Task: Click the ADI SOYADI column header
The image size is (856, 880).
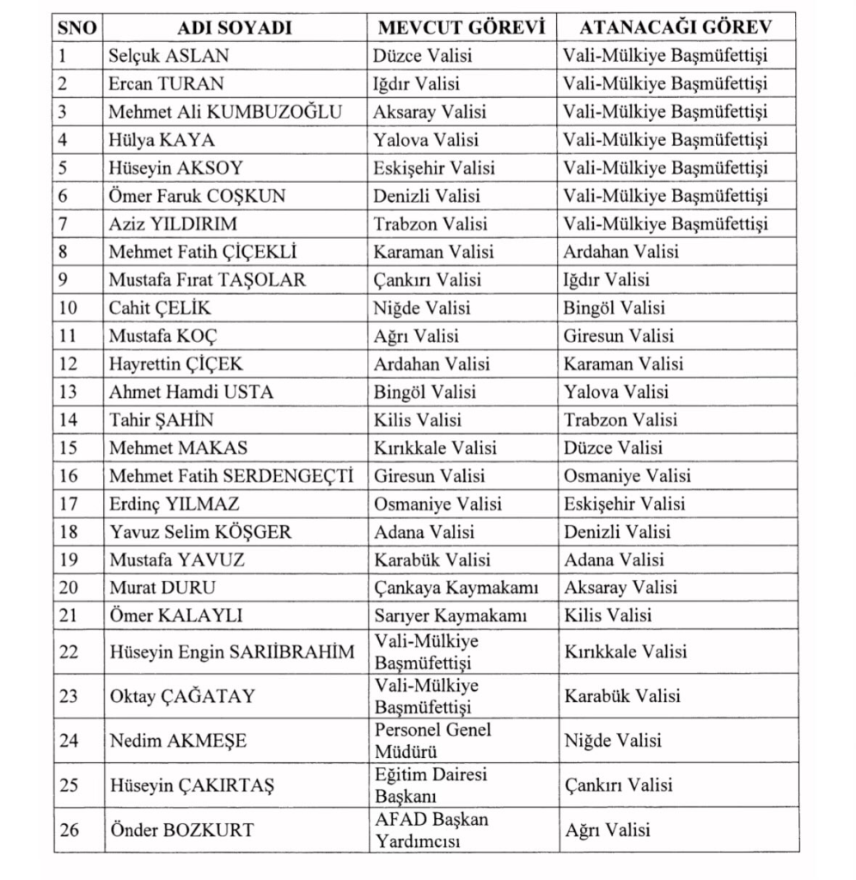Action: (x=235, y=27)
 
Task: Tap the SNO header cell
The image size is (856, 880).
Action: (x=77, y=27)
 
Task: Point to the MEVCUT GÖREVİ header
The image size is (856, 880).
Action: (x=462, y=27)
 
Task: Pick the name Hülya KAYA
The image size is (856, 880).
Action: (x=162, y=140)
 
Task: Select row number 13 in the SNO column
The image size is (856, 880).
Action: (x=69, y=392)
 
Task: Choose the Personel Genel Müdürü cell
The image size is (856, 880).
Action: (x=433, y=740)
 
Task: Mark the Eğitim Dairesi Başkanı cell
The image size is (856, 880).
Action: (x=431, y=785)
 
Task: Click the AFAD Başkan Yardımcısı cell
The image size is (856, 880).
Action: (x=431, y=829)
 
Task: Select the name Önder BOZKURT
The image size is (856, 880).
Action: (x=181, y=830)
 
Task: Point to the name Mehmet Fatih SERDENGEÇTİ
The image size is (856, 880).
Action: (x=231, y=476)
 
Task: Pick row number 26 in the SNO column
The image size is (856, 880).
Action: (x=70, y=830)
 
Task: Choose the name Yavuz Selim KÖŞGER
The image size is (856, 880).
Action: (x=199, y=532)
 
